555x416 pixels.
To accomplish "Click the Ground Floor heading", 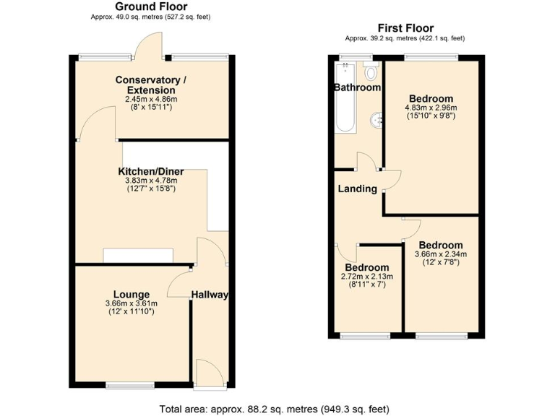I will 152,6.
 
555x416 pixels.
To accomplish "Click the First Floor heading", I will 405,28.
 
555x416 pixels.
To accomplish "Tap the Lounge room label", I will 131,294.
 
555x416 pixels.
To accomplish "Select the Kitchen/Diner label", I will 151,171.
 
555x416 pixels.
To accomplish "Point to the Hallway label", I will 210,295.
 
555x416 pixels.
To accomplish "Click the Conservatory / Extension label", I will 146,84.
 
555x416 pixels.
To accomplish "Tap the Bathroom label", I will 357,87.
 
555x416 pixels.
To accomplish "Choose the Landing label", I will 358,189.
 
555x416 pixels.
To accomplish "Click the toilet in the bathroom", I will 371,71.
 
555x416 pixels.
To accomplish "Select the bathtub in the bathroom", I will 345,97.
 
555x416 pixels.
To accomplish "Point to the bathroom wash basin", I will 376,121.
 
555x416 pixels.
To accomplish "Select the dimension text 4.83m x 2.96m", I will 431,108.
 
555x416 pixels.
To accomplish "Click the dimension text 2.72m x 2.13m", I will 368,277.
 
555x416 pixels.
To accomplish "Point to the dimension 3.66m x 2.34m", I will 441,253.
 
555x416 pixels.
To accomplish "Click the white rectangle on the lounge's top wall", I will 138,256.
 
